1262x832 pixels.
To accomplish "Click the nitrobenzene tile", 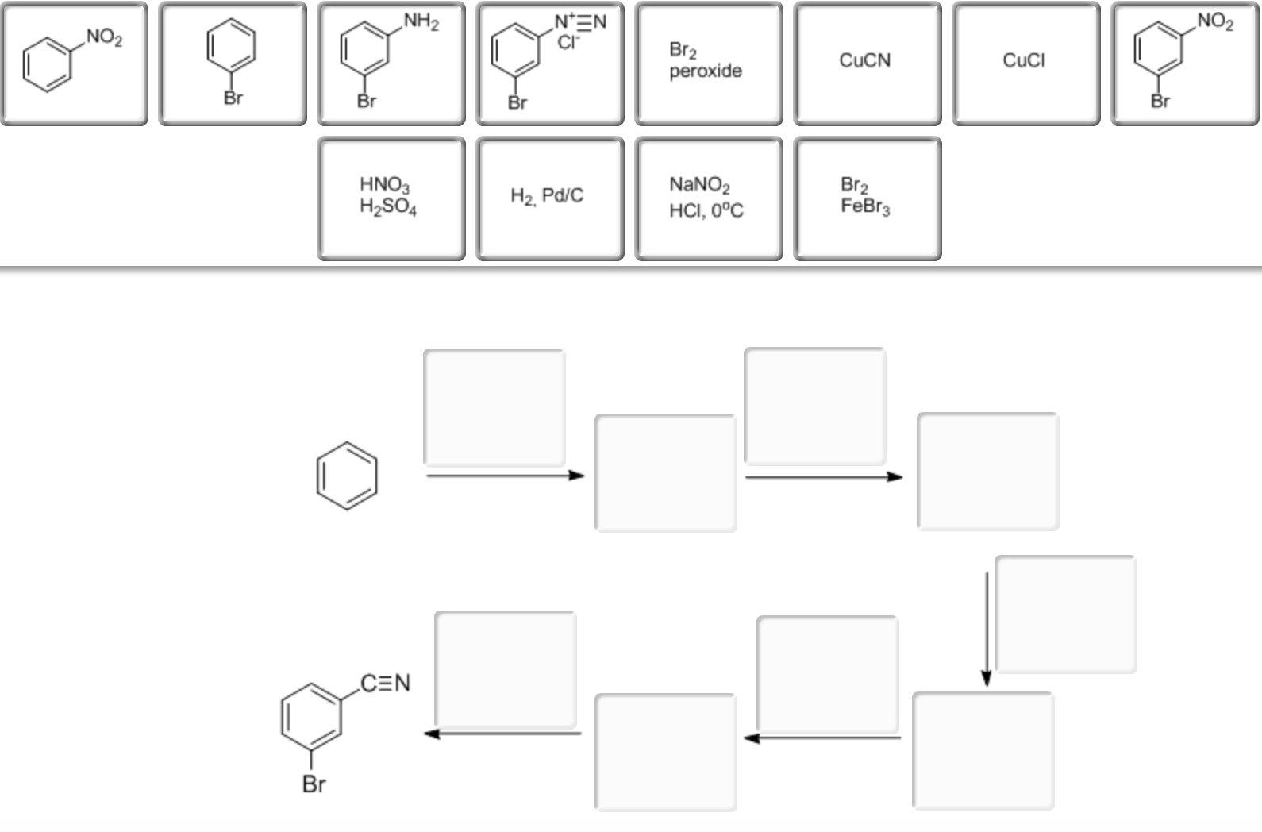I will (x=74, y=64).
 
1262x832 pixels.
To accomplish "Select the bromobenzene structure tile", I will (x=233, y=64).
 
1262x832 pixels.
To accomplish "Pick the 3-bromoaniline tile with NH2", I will (x=391, y=64).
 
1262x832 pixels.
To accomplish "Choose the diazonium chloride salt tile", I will (x=550, y=64).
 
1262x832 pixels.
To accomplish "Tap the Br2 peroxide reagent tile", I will (x=709, y=64).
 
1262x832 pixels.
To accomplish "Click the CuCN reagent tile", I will (x=868, y=64).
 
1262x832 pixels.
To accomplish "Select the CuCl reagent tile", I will (x=1026, y=64).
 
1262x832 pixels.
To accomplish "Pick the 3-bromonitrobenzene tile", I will (x=1185, y=64).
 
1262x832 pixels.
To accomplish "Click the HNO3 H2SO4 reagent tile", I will (x=391, y=198).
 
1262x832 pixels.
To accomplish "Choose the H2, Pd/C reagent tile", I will (x=550, y=198).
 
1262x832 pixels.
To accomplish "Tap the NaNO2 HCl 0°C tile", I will (x=709, y=198).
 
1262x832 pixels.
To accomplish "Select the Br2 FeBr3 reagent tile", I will (x=868, y=198).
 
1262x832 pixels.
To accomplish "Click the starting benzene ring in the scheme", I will (x=347, y=475).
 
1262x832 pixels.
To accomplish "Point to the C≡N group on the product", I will (x=386, y=683).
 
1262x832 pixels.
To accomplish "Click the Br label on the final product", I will (x=314, y=784).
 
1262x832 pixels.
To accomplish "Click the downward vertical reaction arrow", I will (x=987, y=627).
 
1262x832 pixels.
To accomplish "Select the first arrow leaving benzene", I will (x=505, y=476).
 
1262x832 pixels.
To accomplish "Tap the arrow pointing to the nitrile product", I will (x=503, y=734).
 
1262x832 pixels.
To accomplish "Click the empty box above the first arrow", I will (x=494, y=407).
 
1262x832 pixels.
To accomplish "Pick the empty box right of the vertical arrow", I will (x=1065, y=614).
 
